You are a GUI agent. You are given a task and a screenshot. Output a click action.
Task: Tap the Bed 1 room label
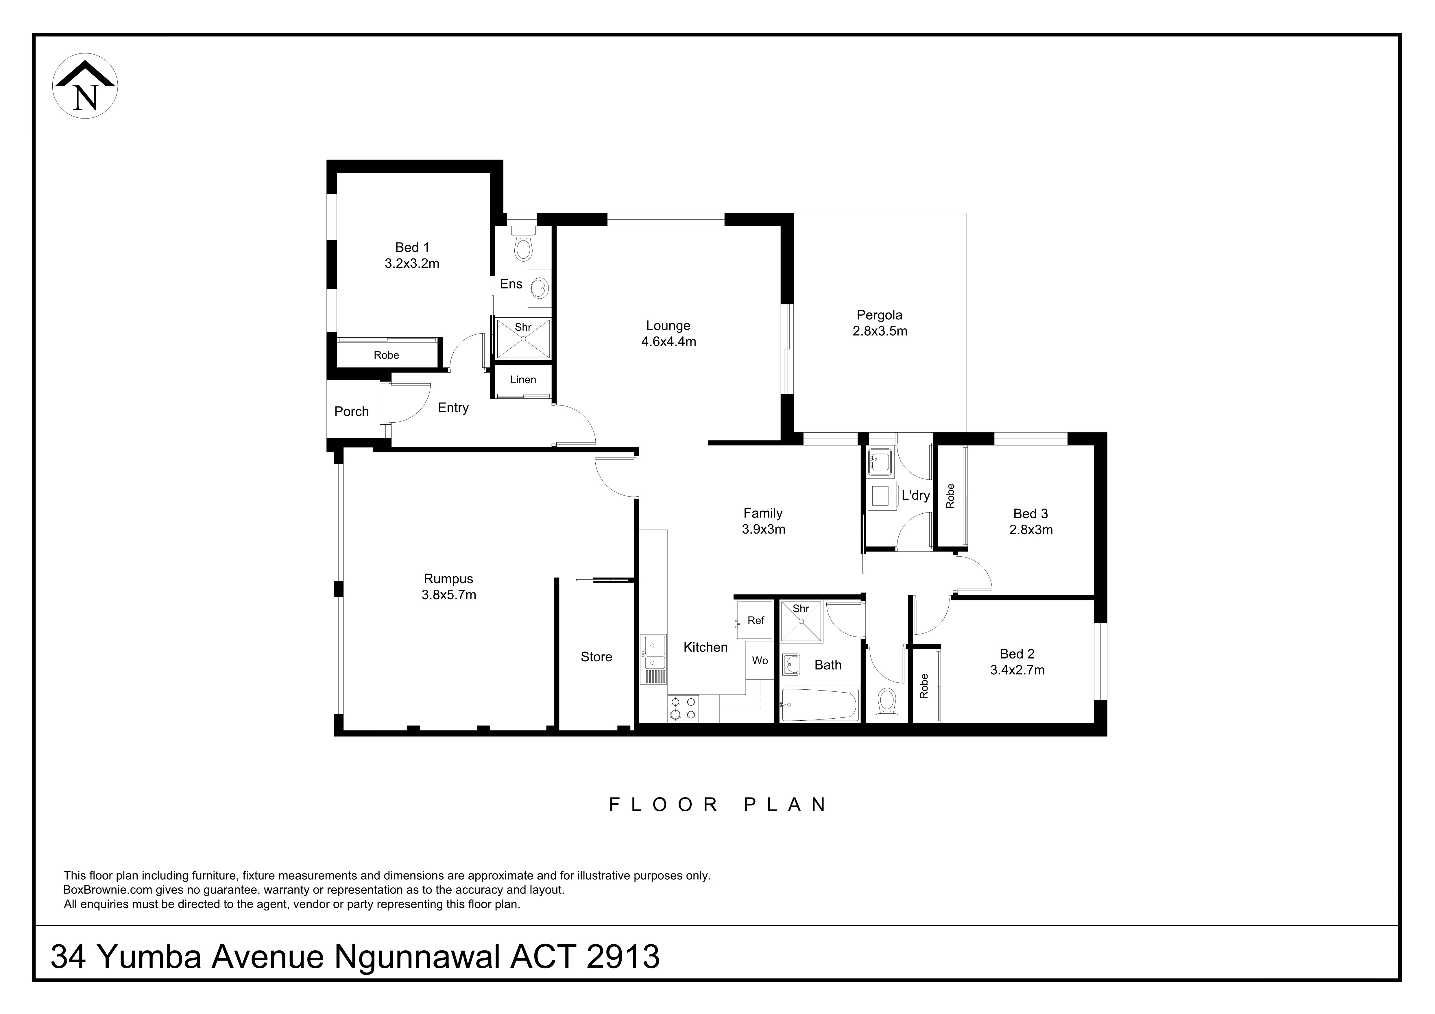coord(412,247)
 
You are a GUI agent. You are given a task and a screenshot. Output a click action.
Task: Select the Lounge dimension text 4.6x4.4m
coord(668,342)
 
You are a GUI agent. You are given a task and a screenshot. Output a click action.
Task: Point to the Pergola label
coord(879,316)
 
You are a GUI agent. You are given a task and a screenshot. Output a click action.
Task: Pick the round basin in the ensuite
coord(539,289)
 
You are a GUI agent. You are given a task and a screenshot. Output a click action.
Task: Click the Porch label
coord(351,412)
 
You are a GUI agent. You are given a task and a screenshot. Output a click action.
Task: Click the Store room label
coord(596,657)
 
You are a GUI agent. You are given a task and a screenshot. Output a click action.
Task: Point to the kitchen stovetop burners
coord(683,709)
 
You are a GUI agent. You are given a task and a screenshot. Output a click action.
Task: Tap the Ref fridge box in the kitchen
coord(755,620)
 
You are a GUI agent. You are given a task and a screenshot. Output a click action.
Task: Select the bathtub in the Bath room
coord(819,705)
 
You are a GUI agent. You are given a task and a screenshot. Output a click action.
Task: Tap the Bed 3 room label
coord(1030,514)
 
